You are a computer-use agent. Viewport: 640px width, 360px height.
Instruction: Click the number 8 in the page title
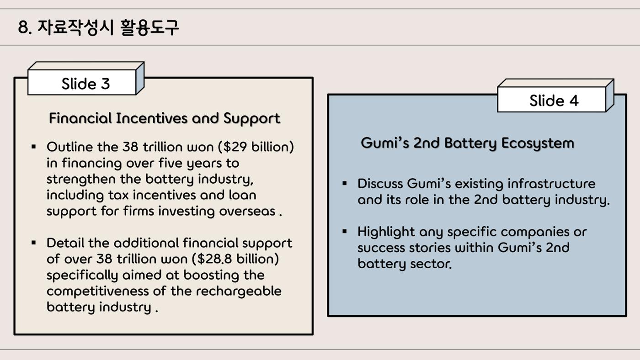click(23, 28)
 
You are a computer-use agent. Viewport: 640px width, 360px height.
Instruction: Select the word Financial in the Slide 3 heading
click(80, 118)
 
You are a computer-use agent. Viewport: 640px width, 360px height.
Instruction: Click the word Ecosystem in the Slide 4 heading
click(538, 143)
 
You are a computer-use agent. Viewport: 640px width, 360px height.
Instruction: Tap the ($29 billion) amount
click(256, 147)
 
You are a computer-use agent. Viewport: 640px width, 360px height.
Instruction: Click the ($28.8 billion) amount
click(235, 259)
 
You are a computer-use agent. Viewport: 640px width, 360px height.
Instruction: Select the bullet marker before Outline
click(34, 147)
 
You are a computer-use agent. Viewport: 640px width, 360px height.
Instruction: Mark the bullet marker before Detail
click(34, 243)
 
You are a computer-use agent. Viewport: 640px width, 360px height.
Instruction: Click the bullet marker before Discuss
click(345, 184)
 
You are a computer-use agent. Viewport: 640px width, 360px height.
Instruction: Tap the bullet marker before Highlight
click(345, 232)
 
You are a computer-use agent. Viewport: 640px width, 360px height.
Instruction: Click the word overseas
click(247, 212)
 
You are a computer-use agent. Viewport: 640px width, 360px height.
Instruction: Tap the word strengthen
click(81, 180)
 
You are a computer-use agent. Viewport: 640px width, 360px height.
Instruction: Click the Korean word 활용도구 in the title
click(149, 27)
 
